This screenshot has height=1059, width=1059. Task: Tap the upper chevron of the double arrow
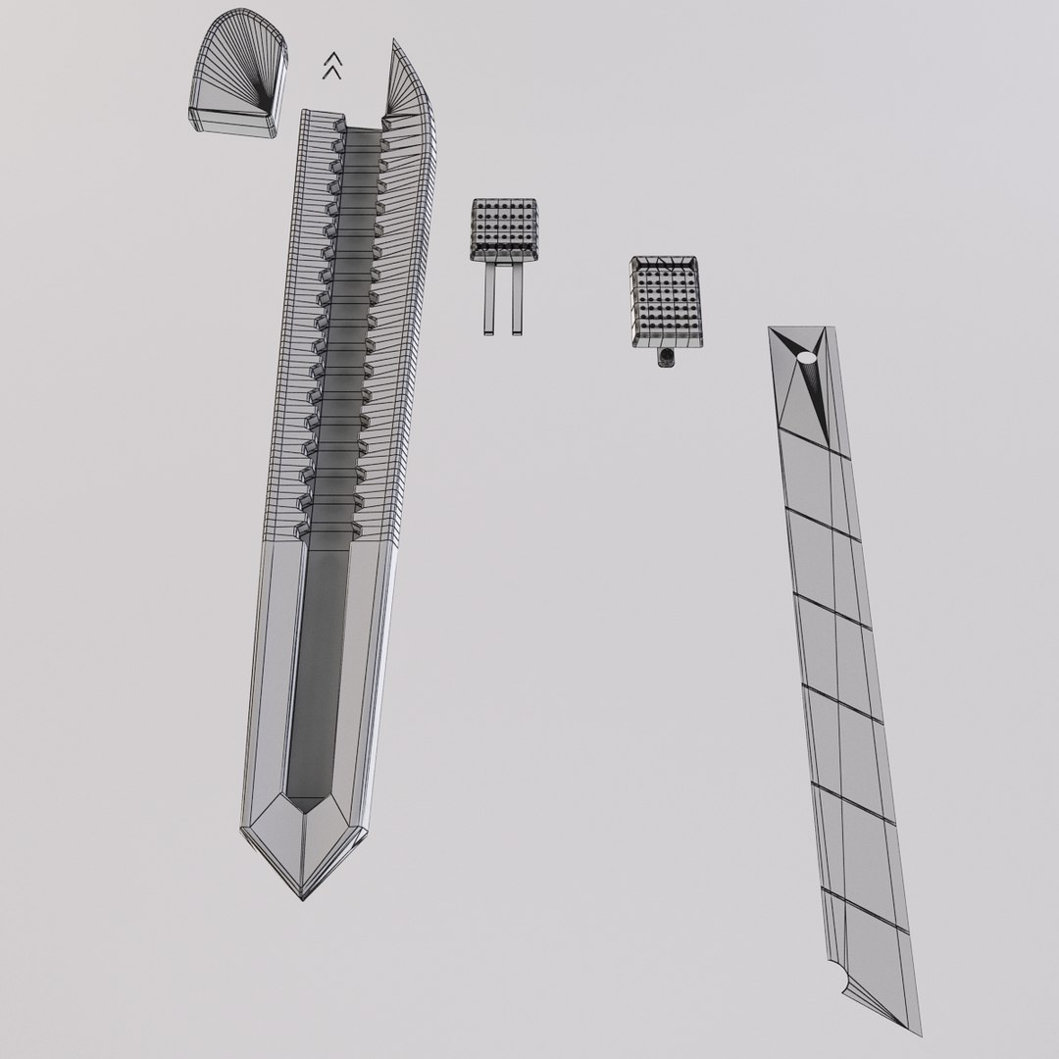click(x=332, y=59)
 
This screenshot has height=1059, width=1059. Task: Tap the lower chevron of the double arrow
click(x=332, y=72)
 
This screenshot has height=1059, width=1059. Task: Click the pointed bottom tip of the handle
click(x=303, y=895)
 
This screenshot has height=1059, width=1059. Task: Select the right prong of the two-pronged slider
click(x=516, y=299)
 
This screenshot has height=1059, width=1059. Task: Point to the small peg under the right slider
click(x=667, y=359)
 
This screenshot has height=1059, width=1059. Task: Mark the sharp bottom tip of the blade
click(x=920, y=1034)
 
